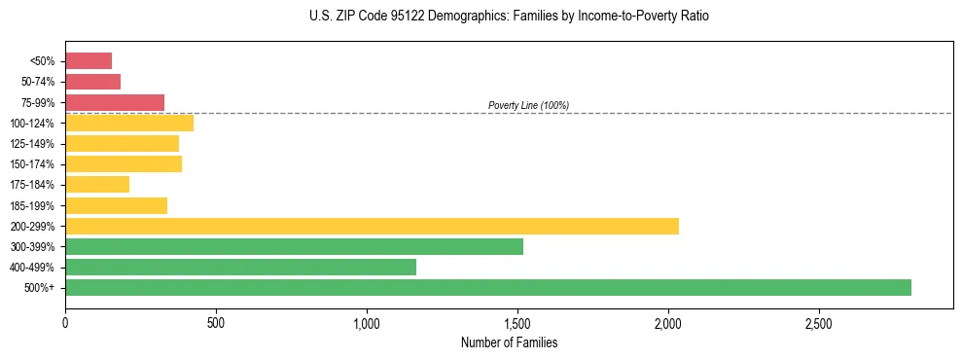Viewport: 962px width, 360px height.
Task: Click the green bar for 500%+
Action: [487, 287]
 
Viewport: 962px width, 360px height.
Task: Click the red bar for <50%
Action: [89, 61]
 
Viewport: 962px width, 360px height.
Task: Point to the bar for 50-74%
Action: [92, 82]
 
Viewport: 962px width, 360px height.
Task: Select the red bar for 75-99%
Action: [115, 102]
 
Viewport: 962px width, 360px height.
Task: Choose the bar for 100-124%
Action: [129, 123]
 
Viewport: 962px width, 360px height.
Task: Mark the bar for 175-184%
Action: [97, 184]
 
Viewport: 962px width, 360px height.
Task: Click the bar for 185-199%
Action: [116, 205]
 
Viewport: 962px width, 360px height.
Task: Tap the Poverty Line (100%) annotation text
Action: [528, 105]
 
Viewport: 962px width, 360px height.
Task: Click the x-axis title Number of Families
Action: [509, 342]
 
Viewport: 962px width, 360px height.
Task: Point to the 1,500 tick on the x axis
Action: [517, 322]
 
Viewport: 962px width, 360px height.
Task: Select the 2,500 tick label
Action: [819, 322]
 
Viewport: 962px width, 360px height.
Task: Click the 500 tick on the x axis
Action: [216, 322]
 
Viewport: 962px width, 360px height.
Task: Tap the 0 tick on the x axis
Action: [65, 322]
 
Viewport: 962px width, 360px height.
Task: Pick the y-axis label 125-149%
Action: [32, 144]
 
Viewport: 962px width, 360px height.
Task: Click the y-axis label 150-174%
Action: [32, 164]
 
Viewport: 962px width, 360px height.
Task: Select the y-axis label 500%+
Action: [40, 288]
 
